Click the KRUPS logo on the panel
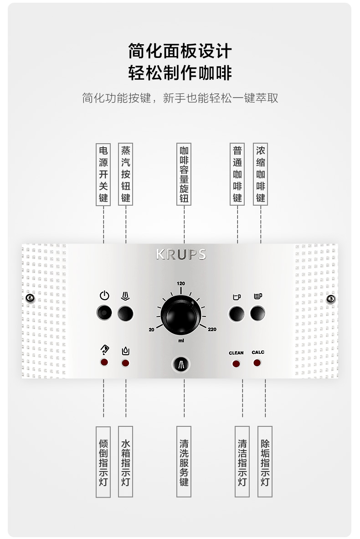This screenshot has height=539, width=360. click(x=181, y=254)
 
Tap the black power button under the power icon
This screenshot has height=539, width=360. click(x=104, y=313)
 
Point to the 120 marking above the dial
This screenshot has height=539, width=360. click(x=181, y=284)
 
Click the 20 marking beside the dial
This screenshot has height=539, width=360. click(x=151, y=329)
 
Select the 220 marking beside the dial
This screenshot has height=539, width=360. click(x=212, y=329)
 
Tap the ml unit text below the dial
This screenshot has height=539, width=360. click(x=181, y=340)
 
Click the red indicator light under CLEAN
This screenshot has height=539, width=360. click(x=236, y=363)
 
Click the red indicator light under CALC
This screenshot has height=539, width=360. click(x=257, y=363)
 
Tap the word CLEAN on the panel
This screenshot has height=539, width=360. click(x=236, y=353)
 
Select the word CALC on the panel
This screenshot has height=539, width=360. click(x=258, y=352)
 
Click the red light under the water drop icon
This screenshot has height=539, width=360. click(x=125, y=363)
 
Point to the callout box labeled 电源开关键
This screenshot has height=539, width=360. click(x=103, y=174)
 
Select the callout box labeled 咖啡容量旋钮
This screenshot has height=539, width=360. click(x=184, y=174)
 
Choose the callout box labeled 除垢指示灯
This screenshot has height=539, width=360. click(x=265, y=461)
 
